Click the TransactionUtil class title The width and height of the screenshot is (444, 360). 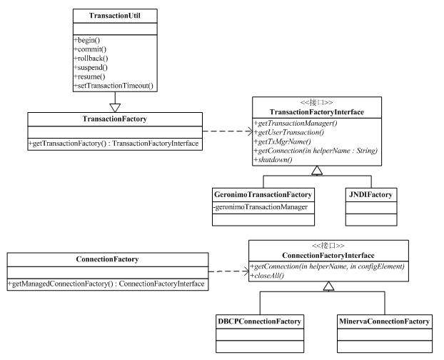[115, 16]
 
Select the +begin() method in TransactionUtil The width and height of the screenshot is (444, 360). [87, 40]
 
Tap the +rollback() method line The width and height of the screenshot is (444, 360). [91, 59]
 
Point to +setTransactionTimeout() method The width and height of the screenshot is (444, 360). [113, 86]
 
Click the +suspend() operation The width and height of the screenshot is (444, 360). [91, 67]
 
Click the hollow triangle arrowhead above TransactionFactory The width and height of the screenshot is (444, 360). [115, 108]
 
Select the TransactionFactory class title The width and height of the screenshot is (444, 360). [115, 119]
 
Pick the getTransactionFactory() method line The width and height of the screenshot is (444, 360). [113, 144]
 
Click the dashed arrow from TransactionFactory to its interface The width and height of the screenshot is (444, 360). [228, 131]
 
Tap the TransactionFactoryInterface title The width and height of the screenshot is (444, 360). [316, 112]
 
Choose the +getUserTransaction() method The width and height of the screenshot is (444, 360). [289, 132]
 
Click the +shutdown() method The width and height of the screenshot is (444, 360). [273, 159]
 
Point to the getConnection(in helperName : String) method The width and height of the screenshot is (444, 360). [316, 151]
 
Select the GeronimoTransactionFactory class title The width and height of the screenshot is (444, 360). [263, 194]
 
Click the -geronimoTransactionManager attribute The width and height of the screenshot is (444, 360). [261, 207]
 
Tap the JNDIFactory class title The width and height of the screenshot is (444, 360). [370, 194]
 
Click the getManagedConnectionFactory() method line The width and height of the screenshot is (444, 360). [106, 284]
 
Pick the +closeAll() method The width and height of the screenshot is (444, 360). [267, 275]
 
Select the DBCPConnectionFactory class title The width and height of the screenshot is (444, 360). [259, 321]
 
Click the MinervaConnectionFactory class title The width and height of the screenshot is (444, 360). [384, 321]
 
